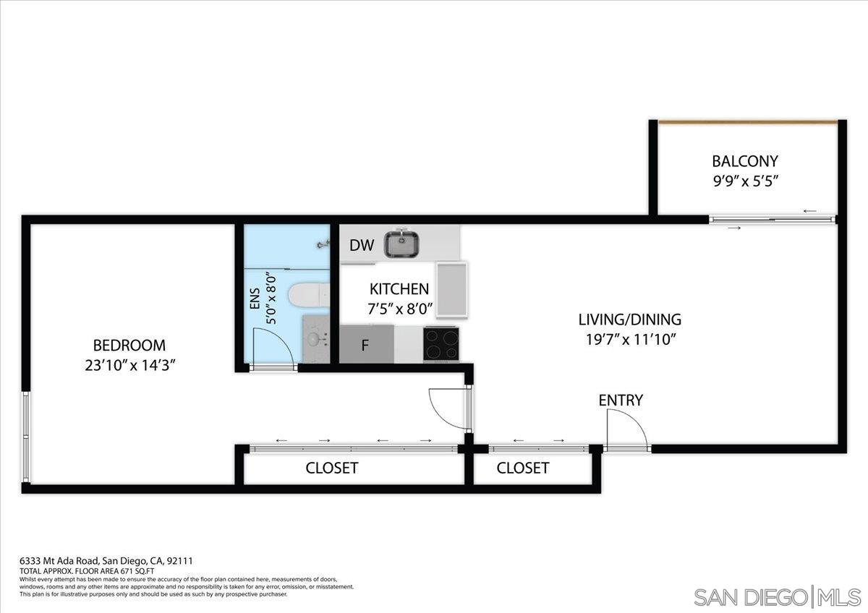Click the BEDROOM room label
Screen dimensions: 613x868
129,346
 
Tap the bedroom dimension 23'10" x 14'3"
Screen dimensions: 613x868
130,365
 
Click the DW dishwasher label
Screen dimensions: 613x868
362,245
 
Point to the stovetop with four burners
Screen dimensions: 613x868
441,343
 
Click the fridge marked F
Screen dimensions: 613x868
366,345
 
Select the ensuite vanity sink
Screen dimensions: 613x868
315,338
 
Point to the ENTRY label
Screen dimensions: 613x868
621,400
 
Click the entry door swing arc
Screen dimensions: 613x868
626,428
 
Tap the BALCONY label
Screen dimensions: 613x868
744,161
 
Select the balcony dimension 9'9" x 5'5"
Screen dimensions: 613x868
745,181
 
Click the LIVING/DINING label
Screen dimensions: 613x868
629,319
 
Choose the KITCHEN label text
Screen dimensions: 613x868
399,289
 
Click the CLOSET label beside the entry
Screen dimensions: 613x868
522,468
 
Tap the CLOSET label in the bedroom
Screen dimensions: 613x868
331,468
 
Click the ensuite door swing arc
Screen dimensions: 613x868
275,347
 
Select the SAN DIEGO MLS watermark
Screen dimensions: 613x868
777,597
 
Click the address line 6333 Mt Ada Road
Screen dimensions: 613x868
106,560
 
